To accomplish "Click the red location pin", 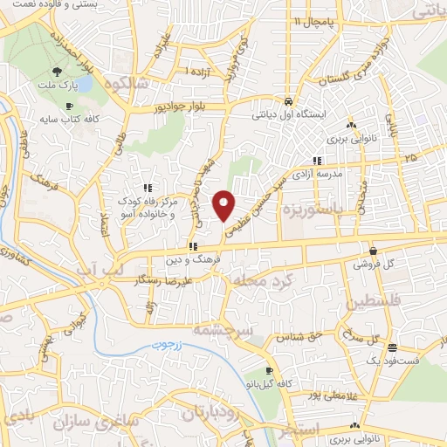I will click(224, 204).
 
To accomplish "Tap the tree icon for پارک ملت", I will click(58, 72).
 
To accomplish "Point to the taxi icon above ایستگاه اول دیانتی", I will click(288, 100).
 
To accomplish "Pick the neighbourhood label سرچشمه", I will click(244, 330).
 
